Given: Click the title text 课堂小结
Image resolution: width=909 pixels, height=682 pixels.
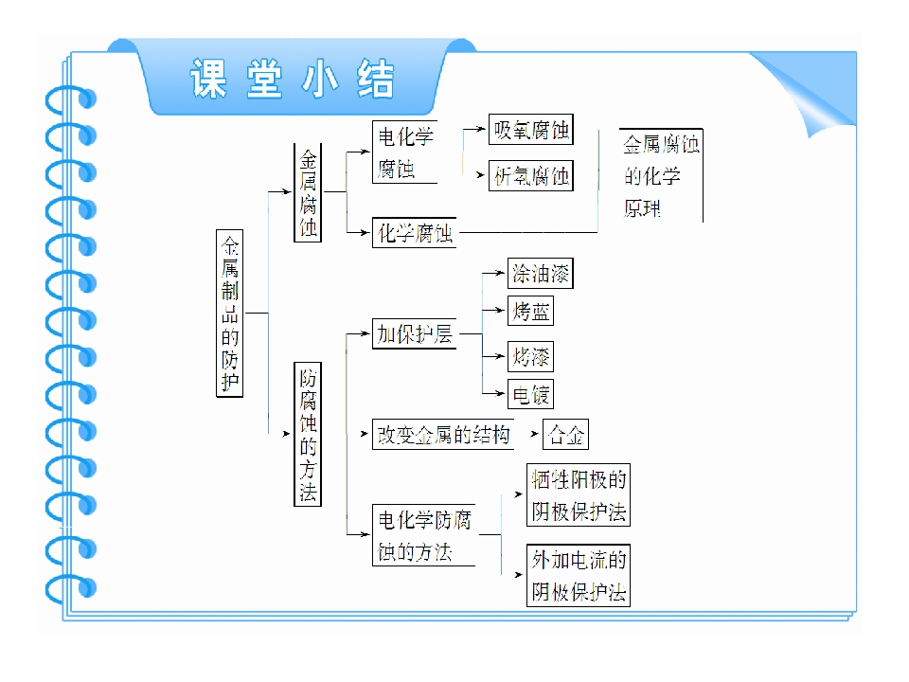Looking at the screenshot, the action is [293, 79].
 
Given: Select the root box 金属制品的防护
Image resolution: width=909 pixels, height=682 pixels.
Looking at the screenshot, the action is [229, 314].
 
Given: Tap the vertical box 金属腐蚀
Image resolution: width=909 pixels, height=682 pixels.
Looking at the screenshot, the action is [308, 192].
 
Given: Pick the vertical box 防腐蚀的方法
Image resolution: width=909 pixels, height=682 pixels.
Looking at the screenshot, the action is [308, 434].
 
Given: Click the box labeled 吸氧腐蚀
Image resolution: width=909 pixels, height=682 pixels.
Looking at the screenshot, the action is [531, 130].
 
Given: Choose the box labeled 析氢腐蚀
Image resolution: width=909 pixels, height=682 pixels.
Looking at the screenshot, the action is [531, 176].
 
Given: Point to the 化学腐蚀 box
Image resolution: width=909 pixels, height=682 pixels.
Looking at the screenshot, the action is [415, 233].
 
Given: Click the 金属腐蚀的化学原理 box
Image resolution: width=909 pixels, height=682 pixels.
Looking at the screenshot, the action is [661, 175].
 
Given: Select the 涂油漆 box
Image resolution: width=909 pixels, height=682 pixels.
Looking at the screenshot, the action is [541, 273].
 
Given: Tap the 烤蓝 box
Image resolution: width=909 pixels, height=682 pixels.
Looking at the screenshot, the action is [530, 311].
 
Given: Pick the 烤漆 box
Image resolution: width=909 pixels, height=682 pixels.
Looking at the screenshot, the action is [530, 356].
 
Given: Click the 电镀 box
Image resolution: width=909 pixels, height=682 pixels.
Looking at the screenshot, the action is [530, 394].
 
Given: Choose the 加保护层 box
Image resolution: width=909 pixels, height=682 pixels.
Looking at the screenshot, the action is [415, 333].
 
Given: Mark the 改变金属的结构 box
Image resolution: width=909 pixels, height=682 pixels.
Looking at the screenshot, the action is [443, 435].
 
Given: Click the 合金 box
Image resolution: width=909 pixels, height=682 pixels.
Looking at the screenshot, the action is [566, 435].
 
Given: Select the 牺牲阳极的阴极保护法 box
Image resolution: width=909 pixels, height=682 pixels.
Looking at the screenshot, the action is [579, 494].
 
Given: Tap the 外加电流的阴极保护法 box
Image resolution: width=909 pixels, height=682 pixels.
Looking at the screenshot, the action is [579, 575].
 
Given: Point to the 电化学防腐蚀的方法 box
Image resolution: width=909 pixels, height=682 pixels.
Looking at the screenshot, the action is [424, 534].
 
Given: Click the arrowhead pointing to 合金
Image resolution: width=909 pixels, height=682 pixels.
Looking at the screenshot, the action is [534, 434].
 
